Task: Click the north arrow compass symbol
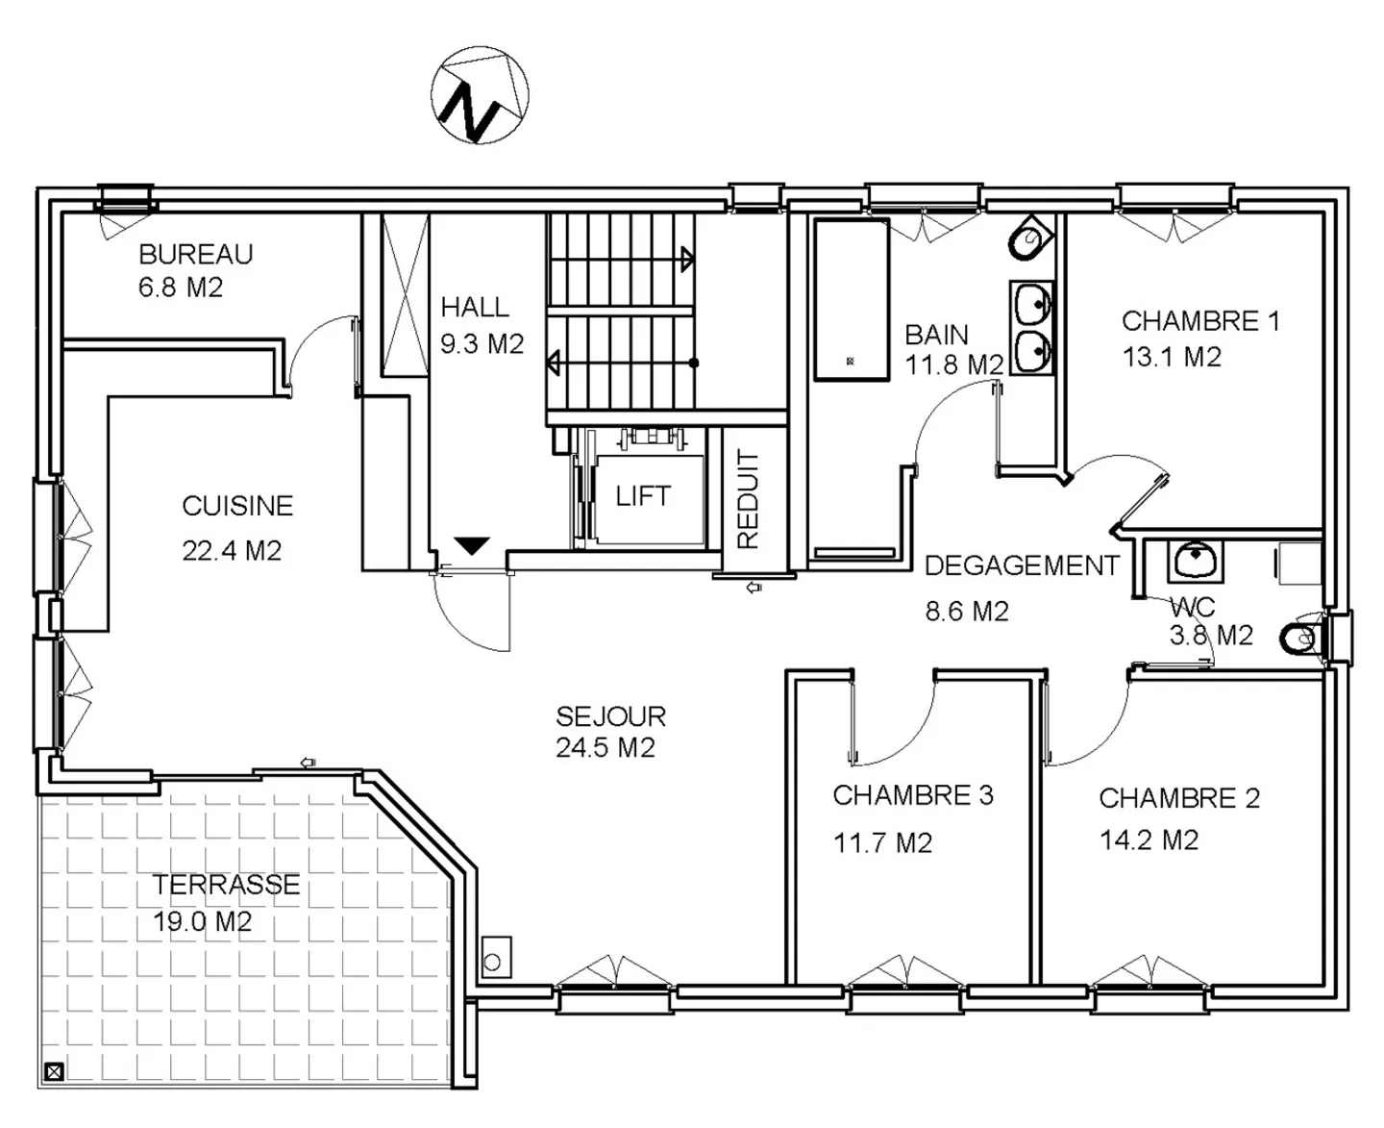(480, 95)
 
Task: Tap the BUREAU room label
(195, 254)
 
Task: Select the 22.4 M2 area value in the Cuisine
(232, 551)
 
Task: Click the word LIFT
(643, 496)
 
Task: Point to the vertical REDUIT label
(748, 499)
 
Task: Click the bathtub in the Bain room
(852, 300)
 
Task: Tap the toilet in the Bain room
(1030, 238)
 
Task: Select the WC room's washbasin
(1195, 562)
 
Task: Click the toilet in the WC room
(1298, 639)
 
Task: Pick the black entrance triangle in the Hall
(471, 545)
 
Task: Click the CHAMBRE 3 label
(913, 795)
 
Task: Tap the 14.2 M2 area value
(1149, 840)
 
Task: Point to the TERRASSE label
(226, 884)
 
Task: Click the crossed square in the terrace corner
(54, 1072)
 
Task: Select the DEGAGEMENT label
(1022, 565)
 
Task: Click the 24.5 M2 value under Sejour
(605, 747)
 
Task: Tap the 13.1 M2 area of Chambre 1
(1173, 356)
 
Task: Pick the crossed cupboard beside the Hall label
(405, 295)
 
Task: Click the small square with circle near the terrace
(497, 957)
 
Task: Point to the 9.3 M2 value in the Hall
(482, 344)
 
